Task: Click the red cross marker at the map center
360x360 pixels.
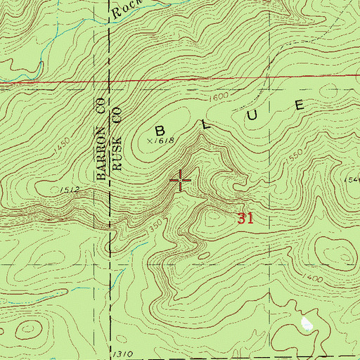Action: point(181,181)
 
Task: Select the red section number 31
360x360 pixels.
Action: point(245,219)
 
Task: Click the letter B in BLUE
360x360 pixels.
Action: point(160,130)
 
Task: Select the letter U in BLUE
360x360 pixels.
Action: point(255,112)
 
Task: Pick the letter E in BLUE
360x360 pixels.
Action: point(300,105)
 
